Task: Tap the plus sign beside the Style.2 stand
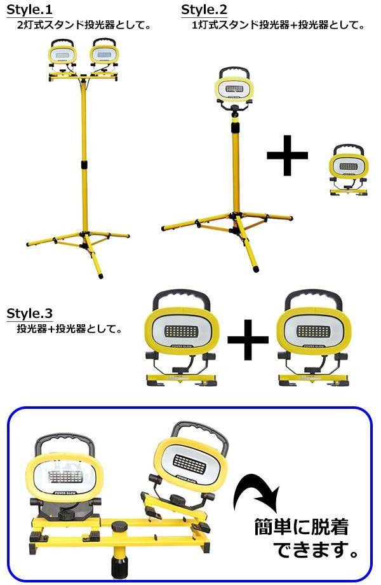pyautogui.click(x=287, y=154)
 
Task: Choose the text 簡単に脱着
pyautogui.click(x=301, y=527)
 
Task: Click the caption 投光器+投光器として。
pyautogui.click(x=70, y=329)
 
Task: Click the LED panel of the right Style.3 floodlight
pyautogui.click(x=314, y=331)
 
